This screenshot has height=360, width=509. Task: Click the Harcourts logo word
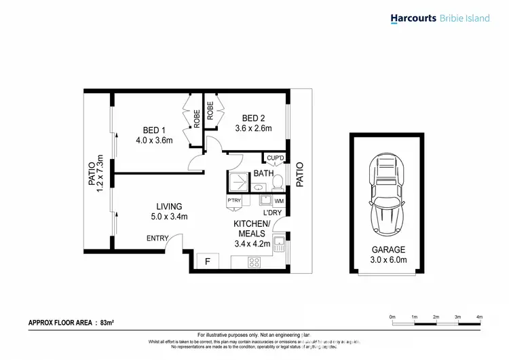[x=416, y=18]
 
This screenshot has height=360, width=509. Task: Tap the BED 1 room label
[x=153, y=130]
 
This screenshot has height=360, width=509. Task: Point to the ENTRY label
[x=158, y=238]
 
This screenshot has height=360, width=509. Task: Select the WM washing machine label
[x=278, y=201]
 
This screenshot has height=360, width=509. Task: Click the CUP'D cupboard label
[x=276, y=159]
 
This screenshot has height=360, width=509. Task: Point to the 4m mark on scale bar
[x=479, y=317]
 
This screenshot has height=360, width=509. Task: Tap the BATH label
[x=263, y=174]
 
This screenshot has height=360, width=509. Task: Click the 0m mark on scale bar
[x=392, y=317]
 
